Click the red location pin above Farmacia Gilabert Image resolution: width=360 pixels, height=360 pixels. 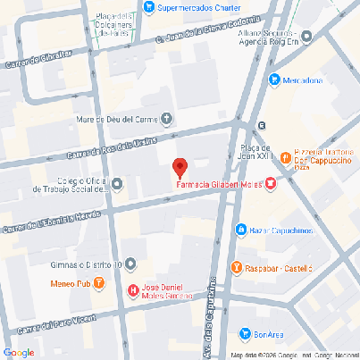(180, 166)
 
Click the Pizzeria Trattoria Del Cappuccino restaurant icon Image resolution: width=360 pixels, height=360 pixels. (285, 156)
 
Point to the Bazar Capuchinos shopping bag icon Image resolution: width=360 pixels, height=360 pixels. (240, 230)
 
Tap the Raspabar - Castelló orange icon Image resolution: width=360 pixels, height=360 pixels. (236, 267)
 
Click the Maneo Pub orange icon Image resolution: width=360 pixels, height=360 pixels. (99, 284)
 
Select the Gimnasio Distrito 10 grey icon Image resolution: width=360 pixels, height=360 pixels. (130, 264)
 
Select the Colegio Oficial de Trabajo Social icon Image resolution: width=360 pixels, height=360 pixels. (118, 184)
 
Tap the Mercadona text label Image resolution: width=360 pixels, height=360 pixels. (303, 80)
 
